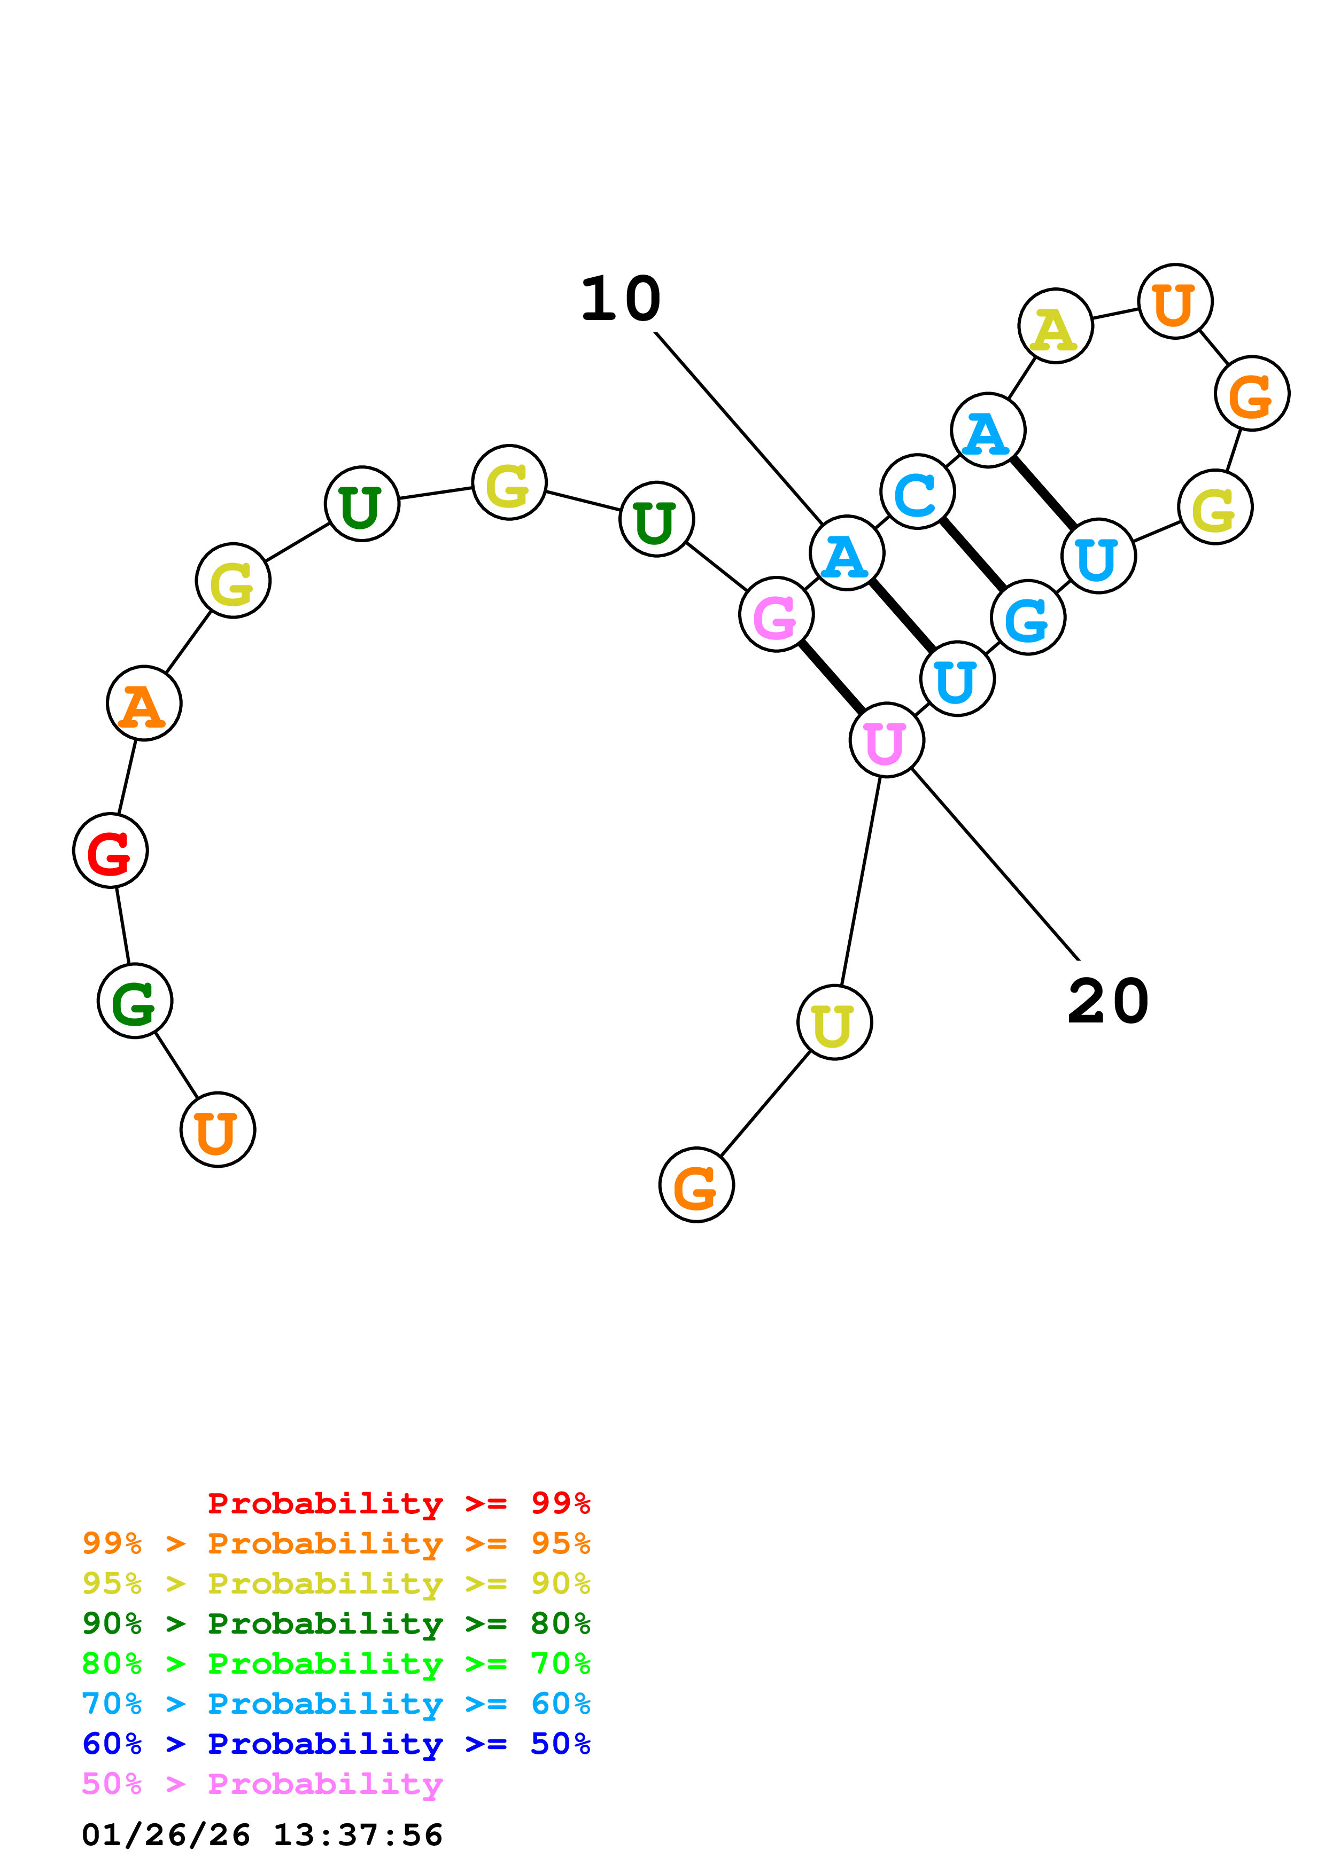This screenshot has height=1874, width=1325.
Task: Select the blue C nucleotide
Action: tap(918, 492)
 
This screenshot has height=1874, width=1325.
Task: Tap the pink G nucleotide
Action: tap(776, 614)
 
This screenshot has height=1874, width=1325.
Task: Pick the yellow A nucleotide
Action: tap(1055, 326)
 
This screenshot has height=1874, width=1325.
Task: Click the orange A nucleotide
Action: tap(144, 703)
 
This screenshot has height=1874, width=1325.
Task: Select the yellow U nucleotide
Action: tap(834, 1022)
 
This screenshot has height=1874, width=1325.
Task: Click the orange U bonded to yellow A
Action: tap(1175, 301)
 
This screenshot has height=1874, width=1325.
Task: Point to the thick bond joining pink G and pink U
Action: tap(831, 677)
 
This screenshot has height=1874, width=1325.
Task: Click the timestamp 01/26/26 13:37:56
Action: tap(262, 1835)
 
